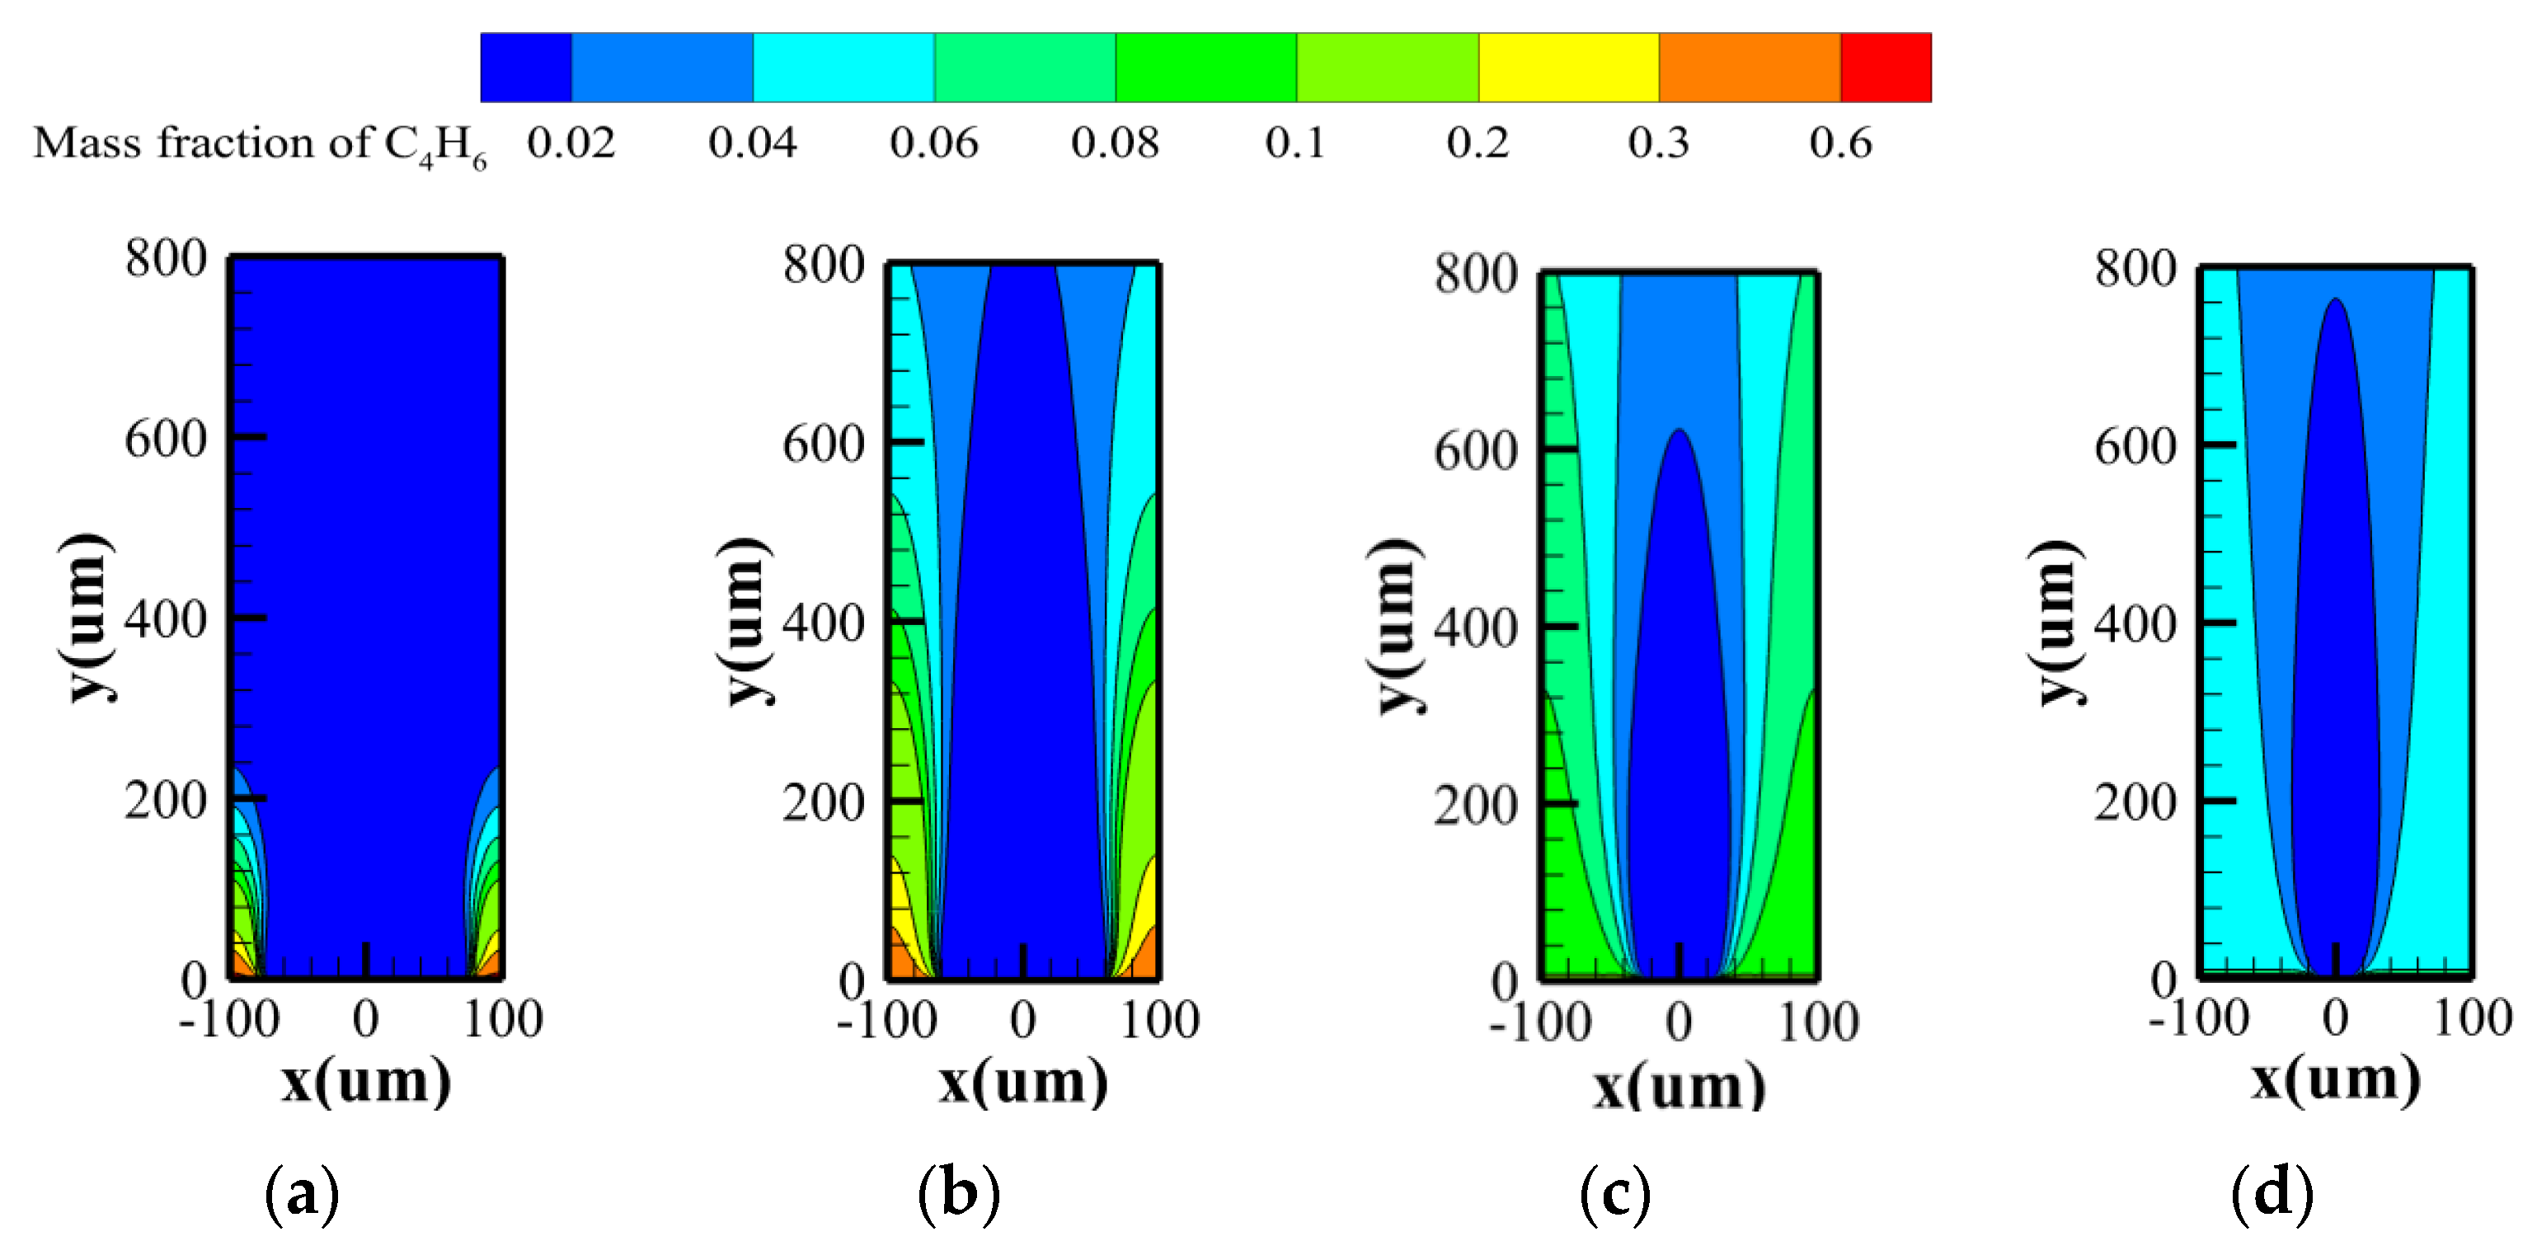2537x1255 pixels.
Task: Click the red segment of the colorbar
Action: (1885, 67)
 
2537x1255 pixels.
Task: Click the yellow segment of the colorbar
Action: (1568, 67)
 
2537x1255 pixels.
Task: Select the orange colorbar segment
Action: (1749, 67)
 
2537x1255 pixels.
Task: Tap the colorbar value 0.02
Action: (571, 143)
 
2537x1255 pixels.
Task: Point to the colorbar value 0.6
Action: (1839, 143)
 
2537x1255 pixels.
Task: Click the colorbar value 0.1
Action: (1295, 143)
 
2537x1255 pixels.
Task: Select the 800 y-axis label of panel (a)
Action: (166, 259)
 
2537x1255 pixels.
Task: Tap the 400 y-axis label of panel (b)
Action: (824, 624)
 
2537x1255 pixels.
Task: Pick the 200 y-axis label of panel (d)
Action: (2135, 803)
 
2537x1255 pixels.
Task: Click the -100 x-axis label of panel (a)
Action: (228, 1018)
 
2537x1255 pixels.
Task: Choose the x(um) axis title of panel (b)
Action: (1022, 1082)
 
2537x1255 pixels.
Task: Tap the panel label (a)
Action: (302, 1194)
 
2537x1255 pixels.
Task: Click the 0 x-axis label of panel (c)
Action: (1680, 1022)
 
